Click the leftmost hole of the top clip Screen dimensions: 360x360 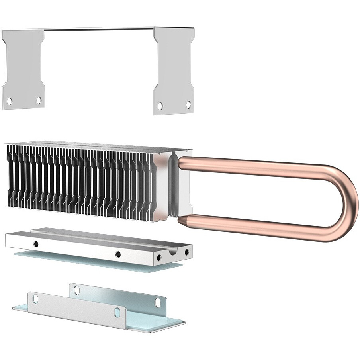(x=10, y=101)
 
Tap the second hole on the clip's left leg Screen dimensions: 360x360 (x=39, y=100)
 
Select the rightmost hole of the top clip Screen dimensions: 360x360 (x=188, y=104)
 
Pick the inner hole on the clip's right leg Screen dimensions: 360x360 (x=160, y=106)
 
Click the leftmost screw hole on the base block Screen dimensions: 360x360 (x=36, y=243)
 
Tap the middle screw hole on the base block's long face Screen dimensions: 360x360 (x=118, y=254)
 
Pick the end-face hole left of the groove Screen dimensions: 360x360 (x=160, y=258)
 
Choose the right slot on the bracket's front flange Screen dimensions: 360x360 (x=117, y=313)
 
